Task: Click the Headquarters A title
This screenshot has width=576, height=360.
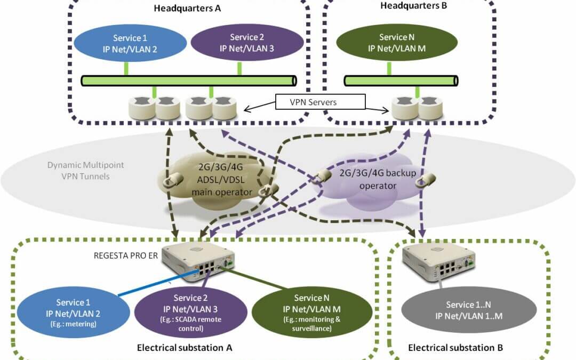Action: [187, 8]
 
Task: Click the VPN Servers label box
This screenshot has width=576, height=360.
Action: [320, 102]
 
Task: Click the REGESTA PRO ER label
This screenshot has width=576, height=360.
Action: [125, 254]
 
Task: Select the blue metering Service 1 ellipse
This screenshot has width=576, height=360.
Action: [73, 313]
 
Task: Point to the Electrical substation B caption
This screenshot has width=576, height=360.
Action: [455, 348]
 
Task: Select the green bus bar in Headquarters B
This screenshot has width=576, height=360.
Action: [401, 80]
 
